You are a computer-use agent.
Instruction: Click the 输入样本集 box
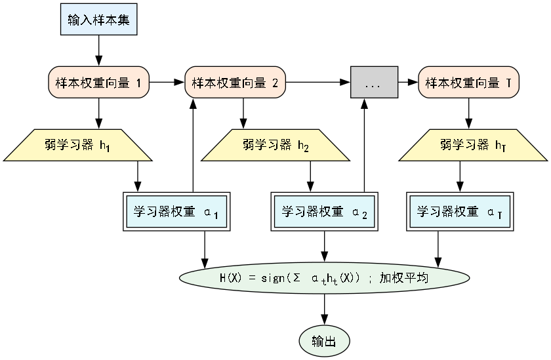point(98,20)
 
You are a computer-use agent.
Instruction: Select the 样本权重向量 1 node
point(98,83)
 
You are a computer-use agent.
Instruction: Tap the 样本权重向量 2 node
point(235,83)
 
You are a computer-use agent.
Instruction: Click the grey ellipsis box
point(374,83)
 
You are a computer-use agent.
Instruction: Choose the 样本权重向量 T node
point(468,83)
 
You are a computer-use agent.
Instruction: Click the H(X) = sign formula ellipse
point(324,278)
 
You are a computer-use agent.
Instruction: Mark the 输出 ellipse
point(324,341)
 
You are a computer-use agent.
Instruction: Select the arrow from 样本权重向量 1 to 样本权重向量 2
point(167,83)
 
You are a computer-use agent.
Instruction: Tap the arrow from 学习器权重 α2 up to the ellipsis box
point(364,144)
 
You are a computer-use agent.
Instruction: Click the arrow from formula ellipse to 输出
point(324,310)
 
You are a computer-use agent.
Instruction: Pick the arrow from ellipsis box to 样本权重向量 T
point(408,83)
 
